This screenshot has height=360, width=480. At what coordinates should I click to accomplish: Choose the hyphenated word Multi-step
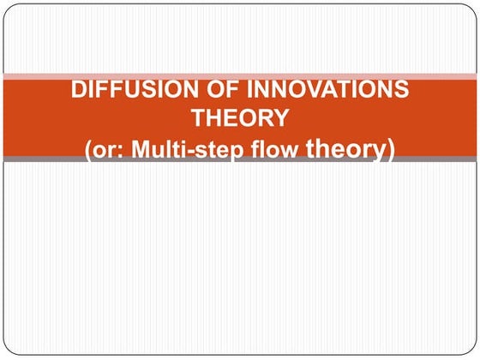189,149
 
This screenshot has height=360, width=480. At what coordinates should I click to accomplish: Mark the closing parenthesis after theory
390,150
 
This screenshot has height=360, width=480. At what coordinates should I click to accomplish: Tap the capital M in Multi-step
136,149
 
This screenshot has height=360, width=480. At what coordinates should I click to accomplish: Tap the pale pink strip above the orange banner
240,76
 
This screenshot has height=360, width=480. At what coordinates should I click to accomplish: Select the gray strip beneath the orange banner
240,159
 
